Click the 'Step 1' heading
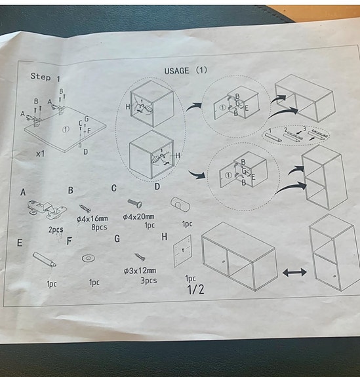click(x=45, y=77)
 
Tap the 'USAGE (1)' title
click(x=186, y=70)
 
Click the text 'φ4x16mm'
click(x=92, y=219)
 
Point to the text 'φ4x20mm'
click(x=138, y=217)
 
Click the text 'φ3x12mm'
click(x=140, y=271)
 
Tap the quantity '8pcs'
click(x=99, y=228)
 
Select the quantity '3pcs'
click(x=149, y=281)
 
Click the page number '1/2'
click(x=196, y=289)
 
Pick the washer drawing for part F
click(x=89, y=258)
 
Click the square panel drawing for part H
click(x=182, y=251)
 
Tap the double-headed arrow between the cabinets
click(x=294, y=272)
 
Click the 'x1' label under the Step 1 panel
click(x=40, y=153)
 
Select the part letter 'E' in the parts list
click(x=20, y=243)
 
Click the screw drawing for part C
click(x=135, y=203)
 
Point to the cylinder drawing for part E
click(x=45, y=260)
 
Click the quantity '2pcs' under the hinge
click(x=56, y=230)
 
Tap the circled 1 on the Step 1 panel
click(x=66, y=130)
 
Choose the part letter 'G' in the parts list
click(x=117, y=239)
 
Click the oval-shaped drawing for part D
click(x=180, y=205)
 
